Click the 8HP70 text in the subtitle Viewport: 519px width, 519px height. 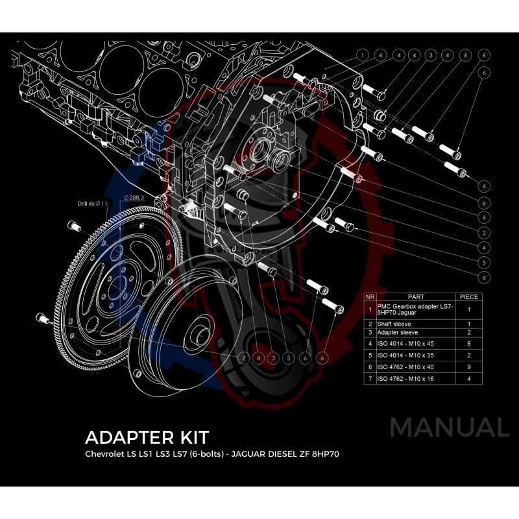[x=324, y=453]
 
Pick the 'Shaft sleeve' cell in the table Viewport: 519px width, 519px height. [x=394, y=324]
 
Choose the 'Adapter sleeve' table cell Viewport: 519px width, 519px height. [x=396, y=333]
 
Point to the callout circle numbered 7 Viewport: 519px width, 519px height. [x=243, y=357]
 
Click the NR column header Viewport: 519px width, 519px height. [x=370, y=296]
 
